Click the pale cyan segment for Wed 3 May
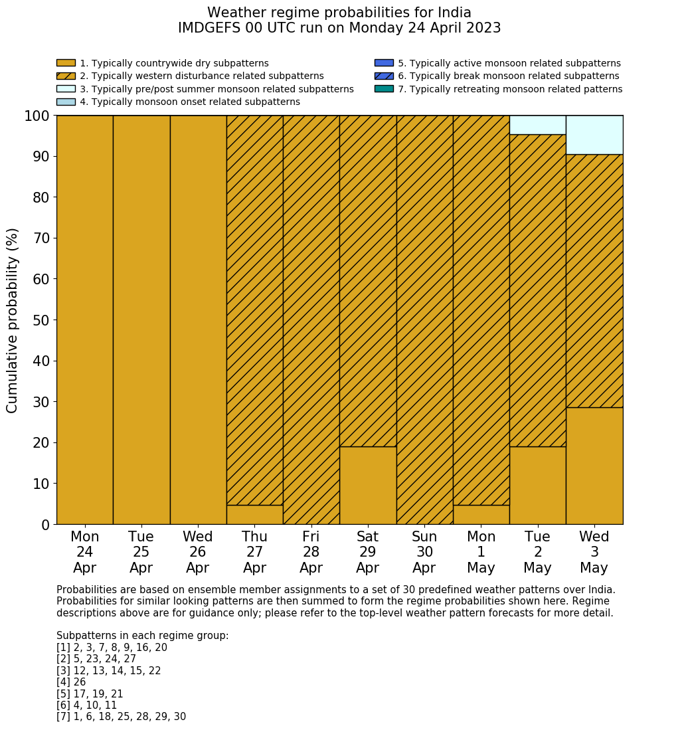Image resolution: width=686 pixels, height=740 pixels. [594, 135]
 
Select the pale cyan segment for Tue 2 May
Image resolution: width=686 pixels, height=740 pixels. [537, 125]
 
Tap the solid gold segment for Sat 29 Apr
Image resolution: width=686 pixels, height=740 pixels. [367, 485]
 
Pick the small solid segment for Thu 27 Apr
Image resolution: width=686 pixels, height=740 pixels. [254, 515]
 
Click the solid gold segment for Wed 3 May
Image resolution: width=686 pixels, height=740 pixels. [594, 466]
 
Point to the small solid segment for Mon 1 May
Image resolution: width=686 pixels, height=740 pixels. [481, 515]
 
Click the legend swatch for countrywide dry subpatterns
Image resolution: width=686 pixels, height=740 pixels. [66, 63]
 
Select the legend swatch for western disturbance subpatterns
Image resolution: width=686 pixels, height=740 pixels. [66, 76]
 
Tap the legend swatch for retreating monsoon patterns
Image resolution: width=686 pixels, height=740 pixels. [384, 88]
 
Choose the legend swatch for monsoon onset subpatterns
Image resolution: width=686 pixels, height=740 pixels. [66, 102]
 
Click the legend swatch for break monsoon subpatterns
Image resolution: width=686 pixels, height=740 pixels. [384, 76]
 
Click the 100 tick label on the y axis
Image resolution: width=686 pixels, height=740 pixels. [37, 116]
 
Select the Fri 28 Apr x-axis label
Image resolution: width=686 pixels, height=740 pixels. [311, 552]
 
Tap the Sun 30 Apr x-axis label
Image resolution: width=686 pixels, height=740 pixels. [424, 552]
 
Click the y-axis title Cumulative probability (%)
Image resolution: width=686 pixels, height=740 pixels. [13, 320]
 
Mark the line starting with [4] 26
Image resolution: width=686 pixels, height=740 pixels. [71, 682]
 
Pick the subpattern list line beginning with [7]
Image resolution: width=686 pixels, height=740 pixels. [121, 717]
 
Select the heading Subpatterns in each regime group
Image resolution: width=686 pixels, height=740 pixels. [142, 636]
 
